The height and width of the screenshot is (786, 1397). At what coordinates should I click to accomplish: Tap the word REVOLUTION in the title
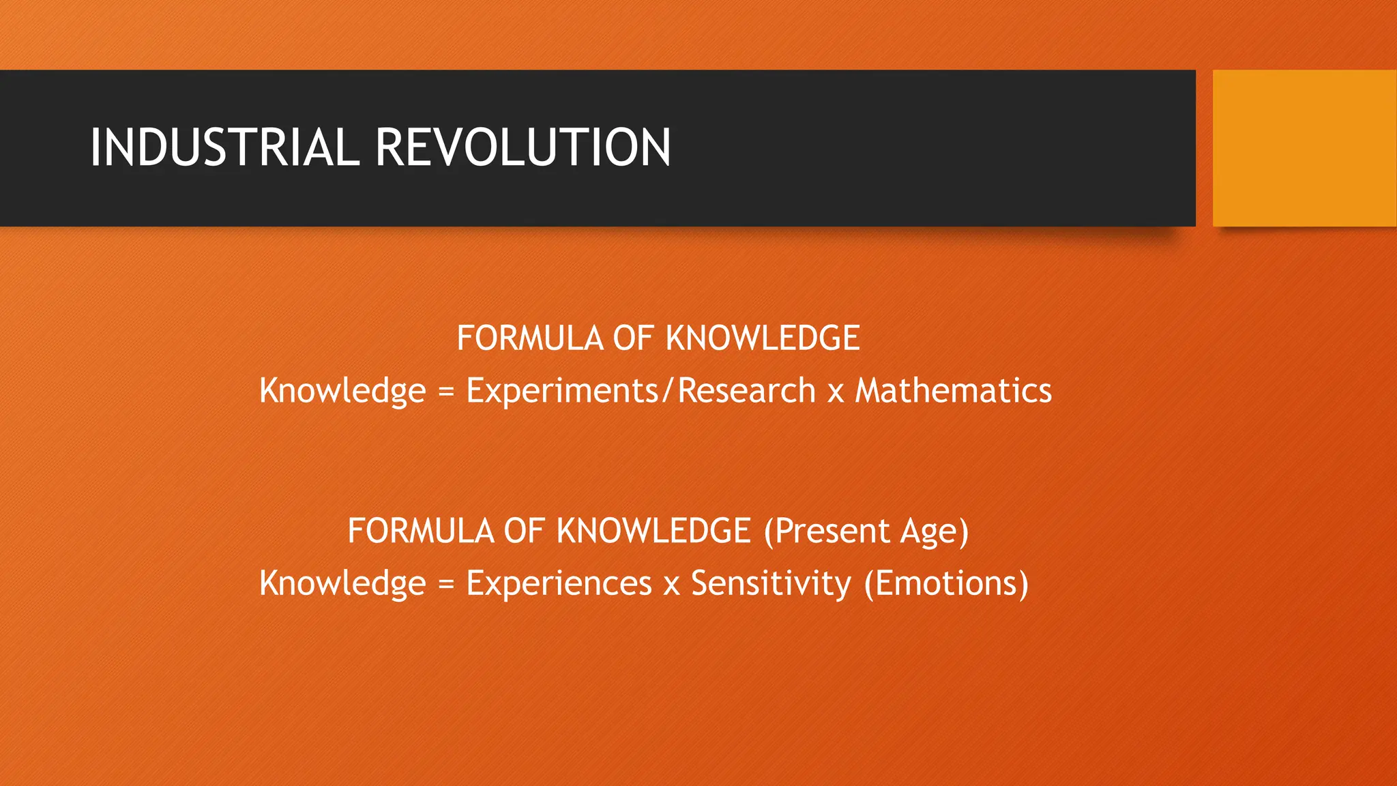(523, 147)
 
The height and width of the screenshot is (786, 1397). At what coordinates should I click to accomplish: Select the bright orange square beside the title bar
(1304, 148)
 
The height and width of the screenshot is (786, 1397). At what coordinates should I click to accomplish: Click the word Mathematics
(953, 391)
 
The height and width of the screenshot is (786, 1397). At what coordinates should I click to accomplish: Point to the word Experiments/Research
(641, 391)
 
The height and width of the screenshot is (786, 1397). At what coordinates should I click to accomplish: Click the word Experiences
(559, 583)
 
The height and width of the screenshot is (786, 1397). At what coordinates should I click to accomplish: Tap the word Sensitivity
(771, 583)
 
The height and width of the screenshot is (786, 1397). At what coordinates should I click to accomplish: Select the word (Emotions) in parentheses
(946, 583)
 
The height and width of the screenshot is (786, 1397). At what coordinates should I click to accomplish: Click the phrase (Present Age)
(866, 531)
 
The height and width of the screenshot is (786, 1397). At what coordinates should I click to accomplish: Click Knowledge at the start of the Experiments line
(342, 391)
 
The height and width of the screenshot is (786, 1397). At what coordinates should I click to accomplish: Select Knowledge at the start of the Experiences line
(342, 583)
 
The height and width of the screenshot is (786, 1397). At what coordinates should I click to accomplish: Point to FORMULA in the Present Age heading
(421, 531)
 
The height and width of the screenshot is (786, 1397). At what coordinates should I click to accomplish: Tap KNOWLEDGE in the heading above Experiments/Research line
(762, 338)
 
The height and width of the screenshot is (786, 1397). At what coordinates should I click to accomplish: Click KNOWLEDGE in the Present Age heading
(653, 531)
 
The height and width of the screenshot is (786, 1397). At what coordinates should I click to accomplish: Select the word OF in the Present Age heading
(524, 531)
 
